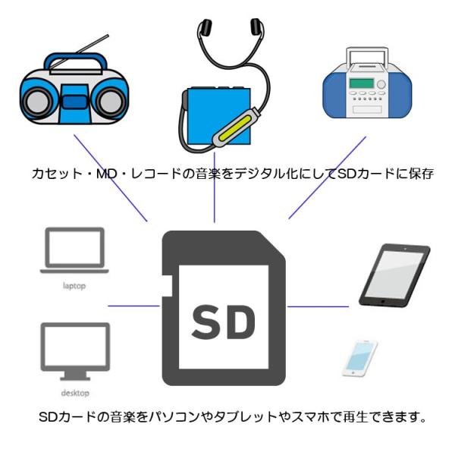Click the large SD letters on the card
click(224, 323)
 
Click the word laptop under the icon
click(74, 287)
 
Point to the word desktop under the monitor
click(74, 394)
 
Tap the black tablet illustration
click(395, 274)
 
